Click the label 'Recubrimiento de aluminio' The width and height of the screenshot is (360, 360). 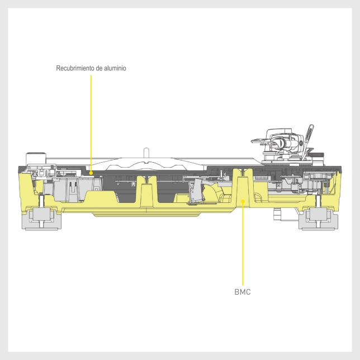coord(91,68)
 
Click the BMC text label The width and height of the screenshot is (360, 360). coord(243,292)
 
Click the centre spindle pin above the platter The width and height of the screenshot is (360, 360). coord(145,153)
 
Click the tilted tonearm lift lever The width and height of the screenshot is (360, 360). coord(307,138)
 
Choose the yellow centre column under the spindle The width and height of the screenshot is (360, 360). coord(146,193)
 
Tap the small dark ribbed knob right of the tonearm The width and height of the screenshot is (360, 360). coord(318,153)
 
